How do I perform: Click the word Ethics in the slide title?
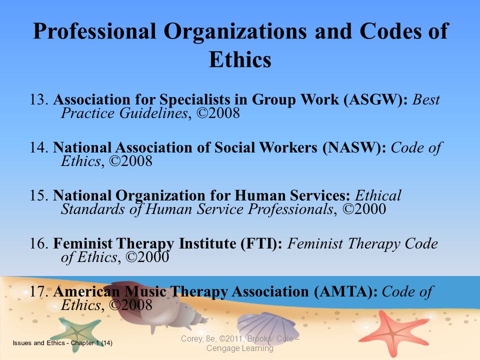click(240, 59)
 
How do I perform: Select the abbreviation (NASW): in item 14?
click(354, 148)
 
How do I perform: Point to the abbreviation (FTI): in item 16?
click(261, 244)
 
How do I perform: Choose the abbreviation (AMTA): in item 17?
click(345, 291)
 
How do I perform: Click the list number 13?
click(39, 100)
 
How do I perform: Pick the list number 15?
click(39, 195)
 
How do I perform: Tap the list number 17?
click(39, 291)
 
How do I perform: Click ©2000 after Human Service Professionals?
click(364, 209)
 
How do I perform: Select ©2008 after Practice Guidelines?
click(218, 113)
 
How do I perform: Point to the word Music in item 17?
click(145, 291)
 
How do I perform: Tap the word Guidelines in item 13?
click(153, 113)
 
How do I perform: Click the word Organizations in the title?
click(235, 31)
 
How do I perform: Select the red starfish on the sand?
click(393, 332)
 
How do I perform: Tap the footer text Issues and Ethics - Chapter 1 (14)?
click(62, 343)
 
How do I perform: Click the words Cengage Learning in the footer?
click(239, 348)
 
